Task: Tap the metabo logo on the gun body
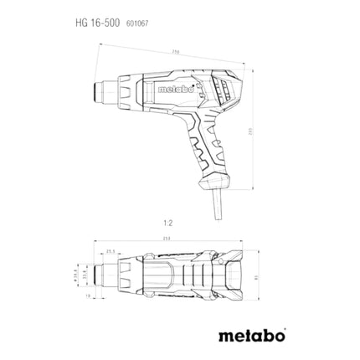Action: (x=175, y=85)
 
